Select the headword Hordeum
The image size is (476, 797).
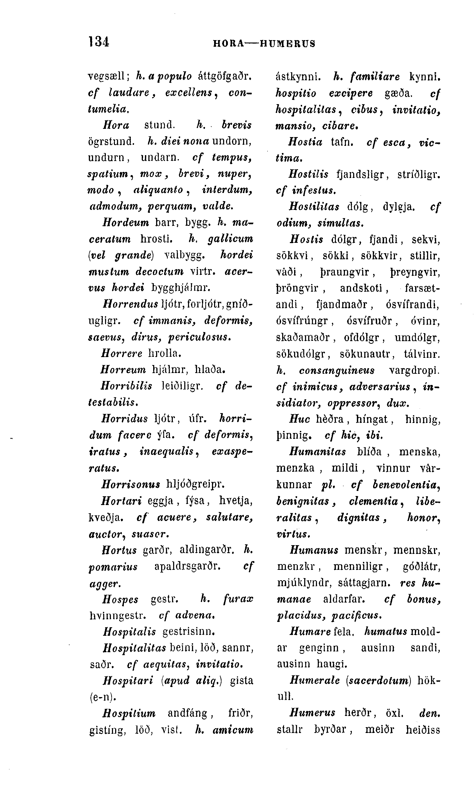126,222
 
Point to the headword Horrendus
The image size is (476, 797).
131,303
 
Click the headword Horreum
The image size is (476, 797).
123,370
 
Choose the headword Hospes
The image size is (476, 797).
120,599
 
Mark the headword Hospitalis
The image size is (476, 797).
129,632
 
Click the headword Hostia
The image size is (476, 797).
305,142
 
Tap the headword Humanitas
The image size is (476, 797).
318,452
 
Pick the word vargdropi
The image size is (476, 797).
414,370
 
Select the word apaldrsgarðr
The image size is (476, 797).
187,566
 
